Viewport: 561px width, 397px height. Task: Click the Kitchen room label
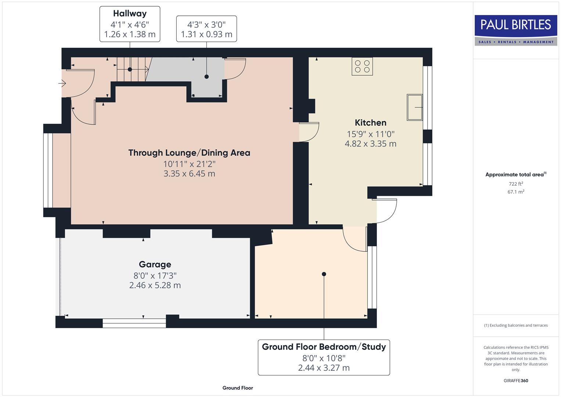point(370,123)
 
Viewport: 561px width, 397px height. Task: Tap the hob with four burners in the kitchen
point(362,67)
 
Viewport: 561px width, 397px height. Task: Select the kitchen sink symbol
point(415,107)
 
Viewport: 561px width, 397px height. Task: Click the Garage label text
point(155,264)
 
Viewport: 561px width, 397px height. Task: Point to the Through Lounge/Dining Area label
point(189,153)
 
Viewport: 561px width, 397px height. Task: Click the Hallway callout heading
point(130,14)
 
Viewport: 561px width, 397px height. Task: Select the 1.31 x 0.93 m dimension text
point(206,35)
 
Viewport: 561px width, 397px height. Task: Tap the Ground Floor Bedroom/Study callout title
point(324,347)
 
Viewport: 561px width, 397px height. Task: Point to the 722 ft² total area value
point(516,184)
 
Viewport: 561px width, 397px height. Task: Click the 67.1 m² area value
point(516,192)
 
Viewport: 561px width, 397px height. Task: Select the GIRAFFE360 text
point(516,380)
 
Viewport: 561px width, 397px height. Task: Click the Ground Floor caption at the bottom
point(238,388)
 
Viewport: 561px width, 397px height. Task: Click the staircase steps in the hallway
point(132,69)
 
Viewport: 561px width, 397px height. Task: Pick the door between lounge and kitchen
point(309,132)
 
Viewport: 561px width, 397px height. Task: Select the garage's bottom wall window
point(134,323)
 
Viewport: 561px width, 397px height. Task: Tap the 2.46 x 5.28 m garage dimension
point(155,285)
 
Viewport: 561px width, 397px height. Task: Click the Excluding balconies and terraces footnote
point(516,325)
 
